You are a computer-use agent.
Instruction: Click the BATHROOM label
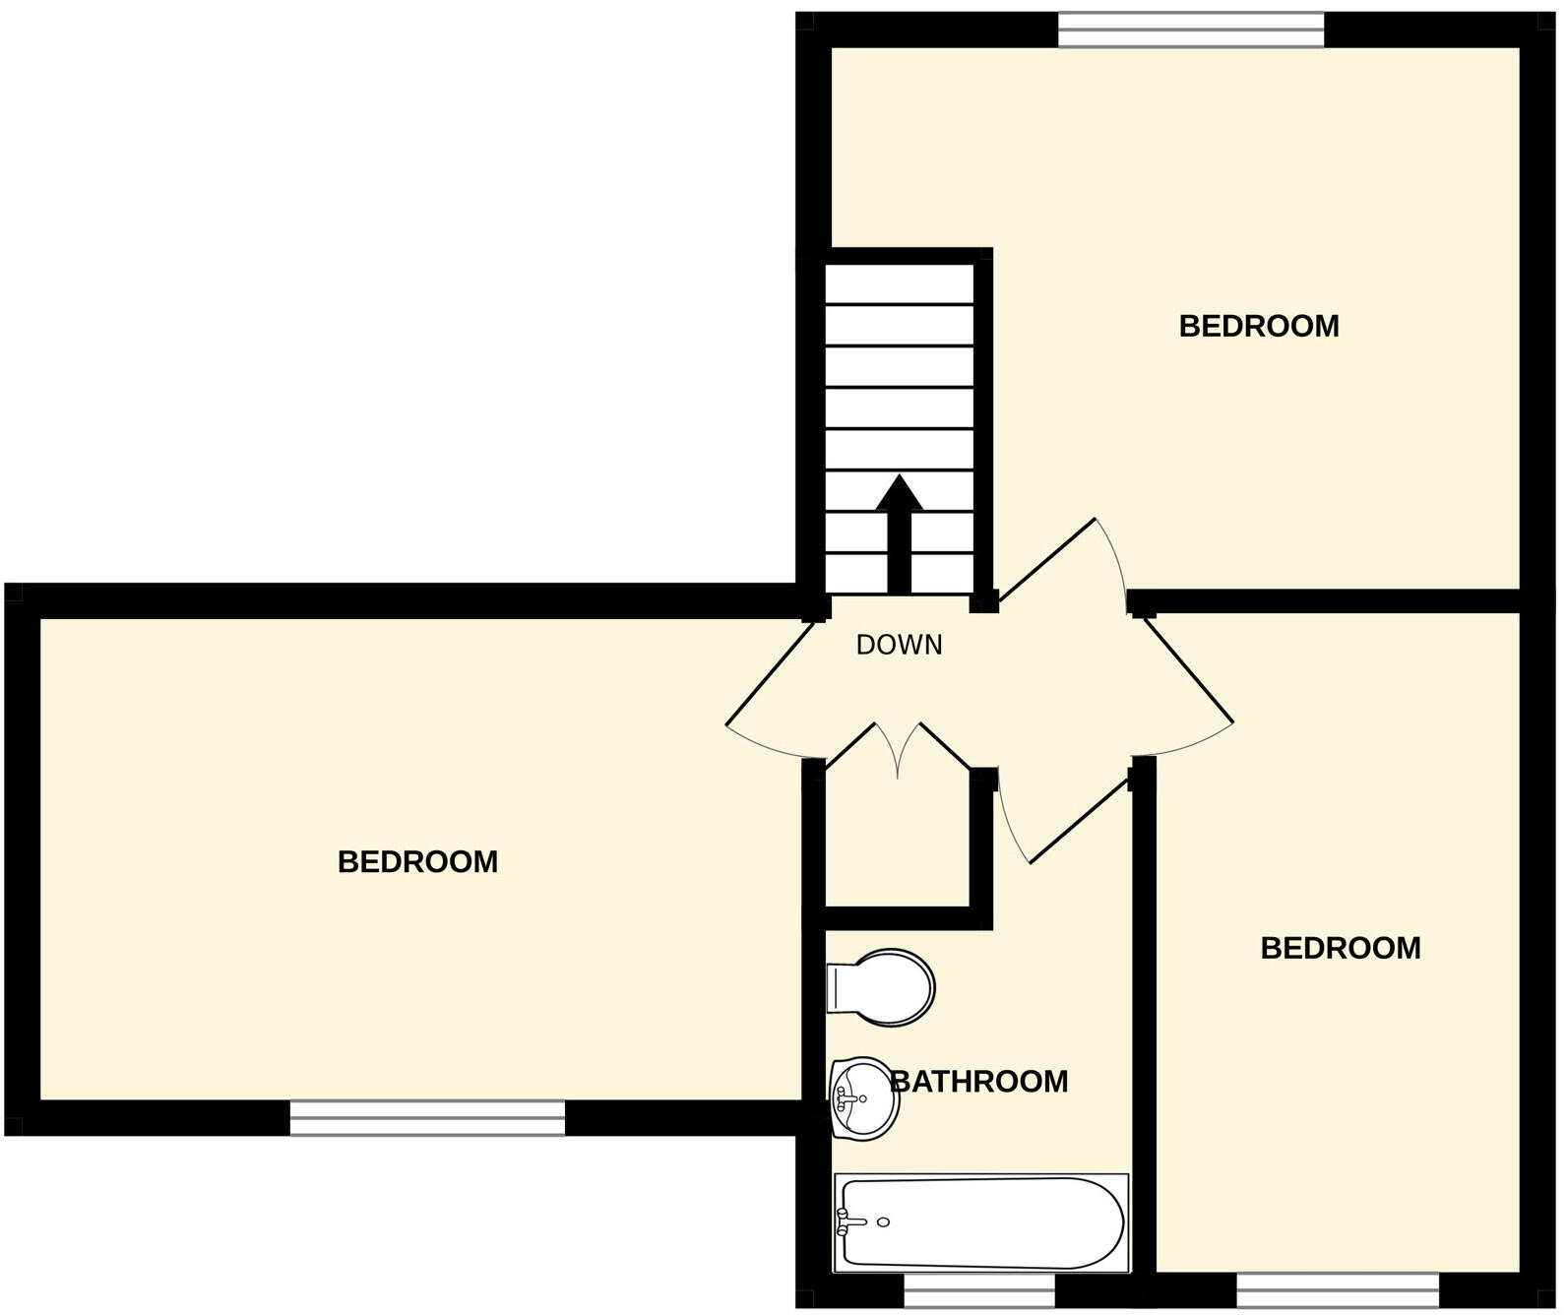pyautogui.click(x=979, y=1081)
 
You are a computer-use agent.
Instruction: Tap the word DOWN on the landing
pyautogui.click(x=899, y=645)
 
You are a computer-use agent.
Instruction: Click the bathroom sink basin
pyautogui.click(x=864, y=1096)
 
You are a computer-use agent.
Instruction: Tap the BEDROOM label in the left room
pyautogui.click(x=417, y=862)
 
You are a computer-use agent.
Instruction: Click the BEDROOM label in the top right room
pyautogui.click(x=1258, y=326)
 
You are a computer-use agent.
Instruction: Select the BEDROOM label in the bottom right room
pyautogui.click(x=1340, y=948)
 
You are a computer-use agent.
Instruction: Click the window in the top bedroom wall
pyautogui.click(x=1191, y=31)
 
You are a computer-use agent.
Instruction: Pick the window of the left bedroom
pyautogui.click(x=427, y=1117)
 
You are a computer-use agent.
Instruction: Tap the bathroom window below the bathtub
pyautogui.click(x=978, y=1290)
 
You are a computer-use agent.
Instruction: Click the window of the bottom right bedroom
pyautogui.click(x=1337, y=1290)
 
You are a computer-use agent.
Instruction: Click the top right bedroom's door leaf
pyautogui.click(x=1048, y=558)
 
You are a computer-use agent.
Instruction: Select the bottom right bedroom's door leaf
pyautogui.click(x=1189, y=669)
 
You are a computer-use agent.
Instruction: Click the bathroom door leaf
pyautogui.click(x=1079, y=821)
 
